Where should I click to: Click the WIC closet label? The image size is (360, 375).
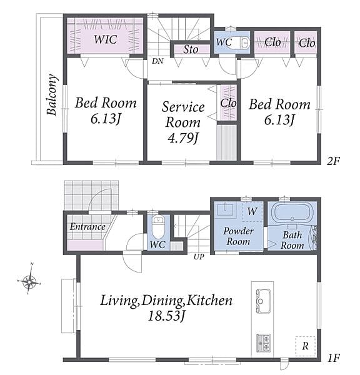(x=106, y=39)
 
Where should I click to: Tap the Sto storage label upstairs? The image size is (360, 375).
(x=191, y=49)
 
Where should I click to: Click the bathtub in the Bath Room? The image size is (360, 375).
(x=293, y=212)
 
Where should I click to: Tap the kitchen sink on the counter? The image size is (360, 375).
(x=263, y=301)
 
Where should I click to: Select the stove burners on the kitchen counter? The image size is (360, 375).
(x=263, y=343)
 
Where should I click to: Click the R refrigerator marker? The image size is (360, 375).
(x=305, y=346)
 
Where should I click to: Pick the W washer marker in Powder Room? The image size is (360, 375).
(x=252, y=211)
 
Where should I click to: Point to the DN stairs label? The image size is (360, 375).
(x=157, y=61)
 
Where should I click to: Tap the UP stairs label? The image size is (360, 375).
(x=199, y=257)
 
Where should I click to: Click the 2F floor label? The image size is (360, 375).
(x=333, y=161)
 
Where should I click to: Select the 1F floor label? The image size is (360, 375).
(x=333, y=358)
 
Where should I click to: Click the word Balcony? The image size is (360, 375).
(x=52, y=95)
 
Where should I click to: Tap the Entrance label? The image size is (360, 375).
(x=87, y=226)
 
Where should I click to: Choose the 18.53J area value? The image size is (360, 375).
(x=166, y=316)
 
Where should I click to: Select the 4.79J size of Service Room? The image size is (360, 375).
(x=183, y=138)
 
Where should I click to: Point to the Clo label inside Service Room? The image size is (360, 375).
(x=228, y=103)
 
